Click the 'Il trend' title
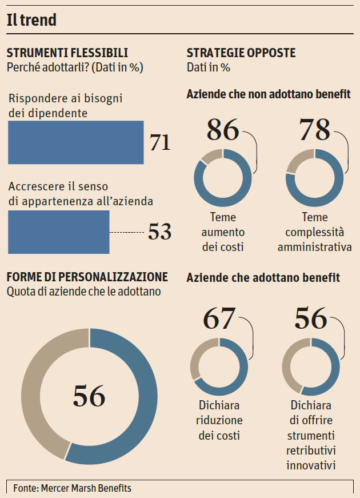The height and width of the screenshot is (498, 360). [x=32, y=21]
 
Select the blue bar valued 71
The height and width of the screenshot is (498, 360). [x=75, y=142]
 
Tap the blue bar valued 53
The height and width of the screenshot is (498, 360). [x=58, y=232]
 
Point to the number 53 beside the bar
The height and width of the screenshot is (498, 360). [x=159, y=232]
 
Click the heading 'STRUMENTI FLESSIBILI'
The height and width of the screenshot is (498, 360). [x=67, y=53]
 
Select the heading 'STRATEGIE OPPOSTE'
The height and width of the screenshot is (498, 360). [x=241, y=53]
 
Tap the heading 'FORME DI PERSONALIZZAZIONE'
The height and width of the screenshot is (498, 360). [x=87, y=277]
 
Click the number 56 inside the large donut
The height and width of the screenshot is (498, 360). [x=89, y=396]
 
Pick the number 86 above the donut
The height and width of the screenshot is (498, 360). [x=222, y=130]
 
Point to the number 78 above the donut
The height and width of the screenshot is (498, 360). [x=315, y=130]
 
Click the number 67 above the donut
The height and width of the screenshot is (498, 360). [x=219, y=318]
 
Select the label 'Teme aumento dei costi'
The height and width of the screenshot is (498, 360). [x=223, y=232]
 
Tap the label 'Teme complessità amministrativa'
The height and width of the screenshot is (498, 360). [x=314, y=232]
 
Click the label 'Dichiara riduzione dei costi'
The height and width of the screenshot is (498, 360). [x=220, y=421]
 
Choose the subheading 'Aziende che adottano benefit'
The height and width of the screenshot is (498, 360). [x=263, y=278]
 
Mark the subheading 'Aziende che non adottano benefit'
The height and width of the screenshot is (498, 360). [x=269, y=94]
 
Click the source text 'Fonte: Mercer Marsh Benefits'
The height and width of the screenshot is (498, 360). [x=72, y=488]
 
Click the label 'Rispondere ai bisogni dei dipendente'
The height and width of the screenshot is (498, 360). [x=66, y=106]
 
